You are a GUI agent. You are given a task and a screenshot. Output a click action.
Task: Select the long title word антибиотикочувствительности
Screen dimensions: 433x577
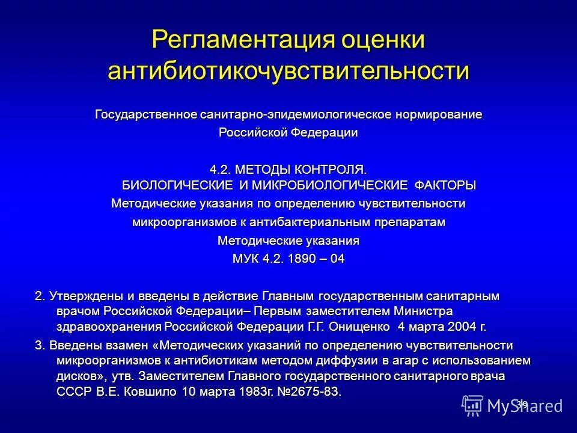coord(288,70)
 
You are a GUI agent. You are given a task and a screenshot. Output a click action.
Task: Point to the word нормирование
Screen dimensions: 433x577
coord(439,114)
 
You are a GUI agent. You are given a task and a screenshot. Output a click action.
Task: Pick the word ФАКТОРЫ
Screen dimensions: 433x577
coord(442,183)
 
